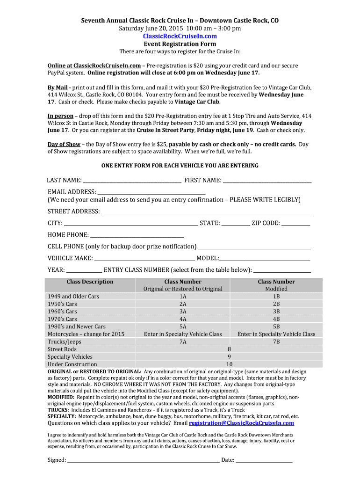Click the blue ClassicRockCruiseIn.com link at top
180,36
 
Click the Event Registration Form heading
180,44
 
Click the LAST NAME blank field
132,181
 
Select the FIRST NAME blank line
267,181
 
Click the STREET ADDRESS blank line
207,212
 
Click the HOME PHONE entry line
137,235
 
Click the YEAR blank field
84,270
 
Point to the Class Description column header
90,282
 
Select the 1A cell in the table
183,297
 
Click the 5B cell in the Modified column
276,327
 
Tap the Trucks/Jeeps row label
64,341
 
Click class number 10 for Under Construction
229,364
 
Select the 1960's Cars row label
62,312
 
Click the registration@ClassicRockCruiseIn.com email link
241,423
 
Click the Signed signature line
143,460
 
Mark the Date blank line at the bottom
264,460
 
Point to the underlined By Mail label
58,87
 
